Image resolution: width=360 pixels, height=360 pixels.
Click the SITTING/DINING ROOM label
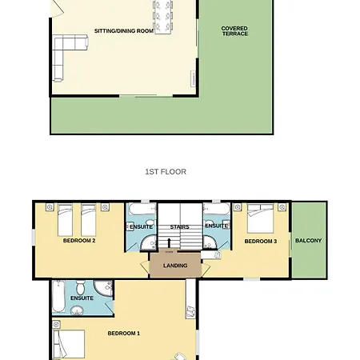[x=124, y=31]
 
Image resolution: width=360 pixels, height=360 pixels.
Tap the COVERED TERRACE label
[x=234, y=31]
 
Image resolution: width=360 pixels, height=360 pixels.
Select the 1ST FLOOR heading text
[x=166, y=171]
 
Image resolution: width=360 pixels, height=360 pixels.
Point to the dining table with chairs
[x=162, y=17]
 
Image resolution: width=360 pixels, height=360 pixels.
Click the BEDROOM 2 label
[x=79, y=241]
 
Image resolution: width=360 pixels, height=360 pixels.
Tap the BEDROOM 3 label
[x=261, y=242]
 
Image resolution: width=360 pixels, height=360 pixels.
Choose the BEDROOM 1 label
[x=124, y=334]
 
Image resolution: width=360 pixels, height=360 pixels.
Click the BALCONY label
[x=309, y=241]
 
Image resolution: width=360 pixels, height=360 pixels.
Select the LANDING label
[x=175, y=266]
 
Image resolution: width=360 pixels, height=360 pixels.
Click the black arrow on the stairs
[x=169, y=243]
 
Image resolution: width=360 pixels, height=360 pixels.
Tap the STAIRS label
[x=179, y=227]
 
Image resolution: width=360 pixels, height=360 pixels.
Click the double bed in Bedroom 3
[x=260, y=218]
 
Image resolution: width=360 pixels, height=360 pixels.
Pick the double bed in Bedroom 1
[x=69, y=344]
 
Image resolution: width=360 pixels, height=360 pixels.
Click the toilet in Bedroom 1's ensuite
[x=80, y=287]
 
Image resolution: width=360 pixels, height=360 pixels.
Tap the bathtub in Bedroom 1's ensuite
[x=58, y=296]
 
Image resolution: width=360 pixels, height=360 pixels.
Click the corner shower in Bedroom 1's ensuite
[x=103, y=289]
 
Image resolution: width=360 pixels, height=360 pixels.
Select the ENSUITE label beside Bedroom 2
[x=141, y=227]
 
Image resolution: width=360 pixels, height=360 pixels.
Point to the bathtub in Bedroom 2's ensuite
[x=142, y=209]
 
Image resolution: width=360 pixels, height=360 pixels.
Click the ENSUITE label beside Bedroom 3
[x=217, y=226]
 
